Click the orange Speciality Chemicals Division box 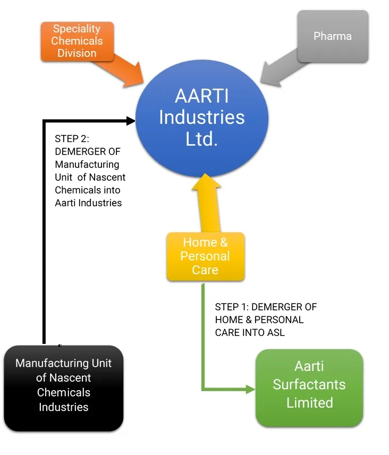pos(77,41)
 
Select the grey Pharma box pos(333,37)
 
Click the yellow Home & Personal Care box pos(205,256)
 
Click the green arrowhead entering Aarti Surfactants pos(250,390)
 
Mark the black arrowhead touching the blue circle pos(130,121)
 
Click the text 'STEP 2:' pos(72,139)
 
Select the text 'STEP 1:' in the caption pos(232,307)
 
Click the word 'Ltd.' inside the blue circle pos(201,139)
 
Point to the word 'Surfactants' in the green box pos(309,384)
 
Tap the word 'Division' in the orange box pos(77,53)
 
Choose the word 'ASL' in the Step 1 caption pos(276,332)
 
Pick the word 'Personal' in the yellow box pos(205,256)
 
